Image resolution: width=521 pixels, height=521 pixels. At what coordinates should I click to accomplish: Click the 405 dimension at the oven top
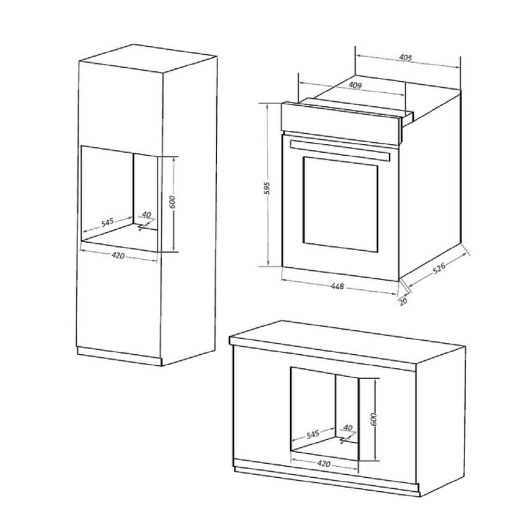click(x=405, y=58)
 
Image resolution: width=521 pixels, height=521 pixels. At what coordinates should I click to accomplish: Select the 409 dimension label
click(x=355, y=85)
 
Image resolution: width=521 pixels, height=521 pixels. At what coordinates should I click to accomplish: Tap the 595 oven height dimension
click(x=268, y=188)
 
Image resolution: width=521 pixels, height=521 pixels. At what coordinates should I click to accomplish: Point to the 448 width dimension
click(x=337, y=286)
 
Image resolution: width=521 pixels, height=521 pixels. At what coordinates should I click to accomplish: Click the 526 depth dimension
click(x=439, y=269)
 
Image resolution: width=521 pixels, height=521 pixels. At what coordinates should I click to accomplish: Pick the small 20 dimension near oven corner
click(x=403, y=301)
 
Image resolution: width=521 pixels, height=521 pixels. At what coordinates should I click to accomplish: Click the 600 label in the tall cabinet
click(x=172, y=202)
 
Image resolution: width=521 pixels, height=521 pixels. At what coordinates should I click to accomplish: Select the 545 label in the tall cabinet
click(x=107, y=221)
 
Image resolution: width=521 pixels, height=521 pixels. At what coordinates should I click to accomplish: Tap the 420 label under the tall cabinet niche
click(x=118, y=255)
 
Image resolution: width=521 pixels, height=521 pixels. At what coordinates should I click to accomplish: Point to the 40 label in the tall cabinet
click(x=146, y=215)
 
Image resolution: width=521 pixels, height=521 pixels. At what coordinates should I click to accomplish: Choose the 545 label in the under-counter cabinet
click(x=313, y=434)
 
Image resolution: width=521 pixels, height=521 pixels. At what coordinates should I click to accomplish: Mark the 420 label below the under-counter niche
click(x=324, y=463)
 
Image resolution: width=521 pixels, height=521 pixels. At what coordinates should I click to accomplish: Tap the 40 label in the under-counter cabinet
click(x=348, y=428)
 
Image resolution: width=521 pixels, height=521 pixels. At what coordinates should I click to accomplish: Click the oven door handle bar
click(x=339, y=150)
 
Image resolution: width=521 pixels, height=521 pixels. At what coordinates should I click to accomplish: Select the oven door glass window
click(x=340, y=204)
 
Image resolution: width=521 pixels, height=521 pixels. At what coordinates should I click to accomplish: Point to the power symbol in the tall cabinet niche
click(x=142, y=227)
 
